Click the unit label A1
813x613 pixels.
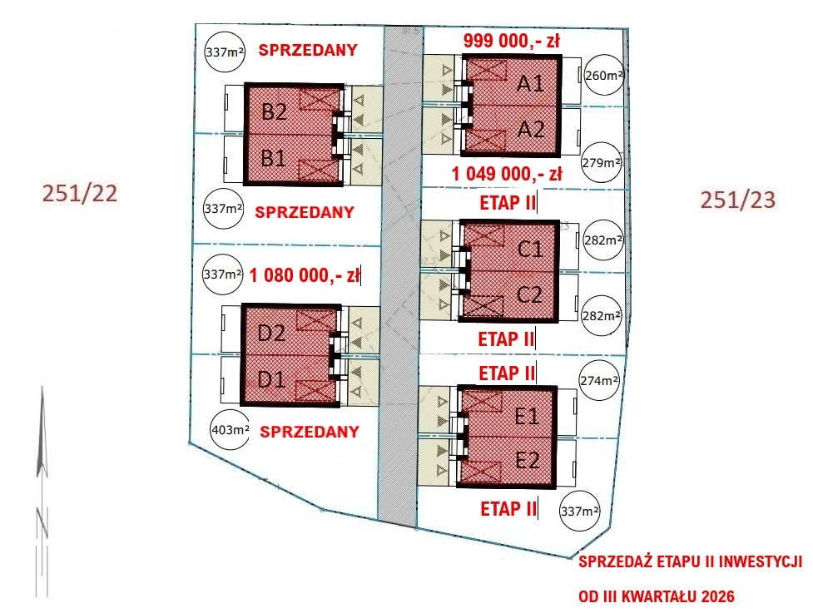530,83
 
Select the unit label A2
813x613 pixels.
530,129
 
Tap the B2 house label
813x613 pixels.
274,112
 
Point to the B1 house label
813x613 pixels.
274,157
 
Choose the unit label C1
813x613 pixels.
529,249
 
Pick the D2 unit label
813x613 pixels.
272,334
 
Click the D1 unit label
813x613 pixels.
272,380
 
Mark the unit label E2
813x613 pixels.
528,460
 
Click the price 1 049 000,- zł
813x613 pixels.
507,174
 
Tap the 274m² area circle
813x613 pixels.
597,380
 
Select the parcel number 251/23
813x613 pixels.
738,200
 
